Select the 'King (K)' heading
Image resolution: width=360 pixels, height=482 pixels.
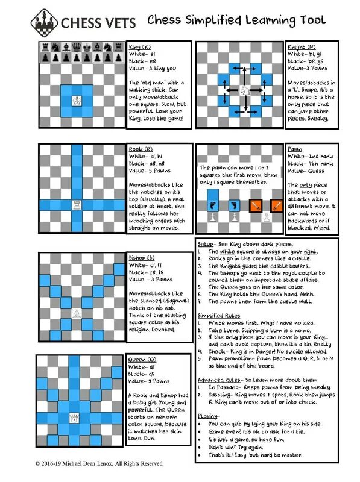click(x=141, y=46)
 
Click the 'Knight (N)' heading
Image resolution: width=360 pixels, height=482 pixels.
click(x=302, y=46)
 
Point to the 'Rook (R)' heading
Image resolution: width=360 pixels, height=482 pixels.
click(x=141, y=149)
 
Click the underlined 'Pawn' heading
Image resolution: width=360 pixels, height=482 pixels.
click(x=294, y=149)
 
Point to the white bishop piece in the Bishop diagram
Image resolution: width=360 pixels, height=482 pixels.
click(x=77, y=313)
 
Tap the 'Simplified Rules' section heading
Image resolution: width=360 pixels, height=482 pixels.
click(x=218, y=315)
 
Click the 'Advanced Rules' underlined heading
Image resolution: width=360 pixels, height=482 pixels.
click(x=218, y=380)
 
